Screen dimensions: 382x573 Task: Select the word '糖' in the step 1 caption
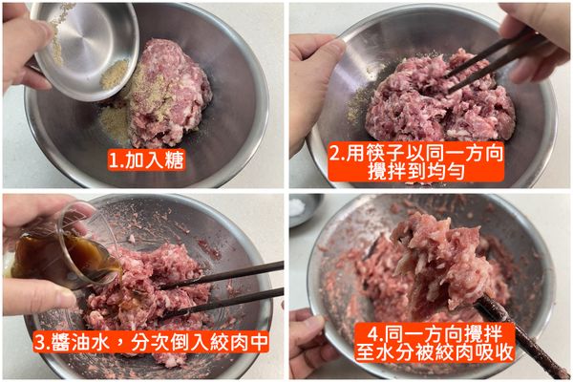coord(170,160)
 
